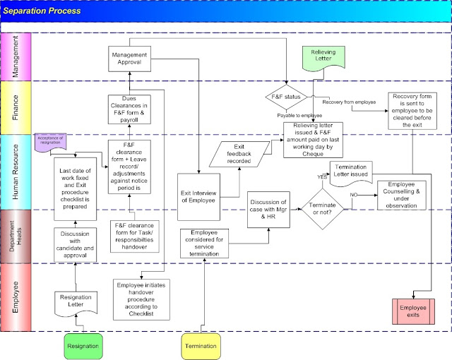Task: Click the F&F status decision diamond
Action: [x=285, y=97]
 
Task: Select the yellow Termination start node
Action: [x=201, y=347]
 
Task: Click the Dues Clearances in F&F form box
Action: [x=129, y=109]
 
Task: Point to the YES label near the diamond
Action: [x=323, y=176]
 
